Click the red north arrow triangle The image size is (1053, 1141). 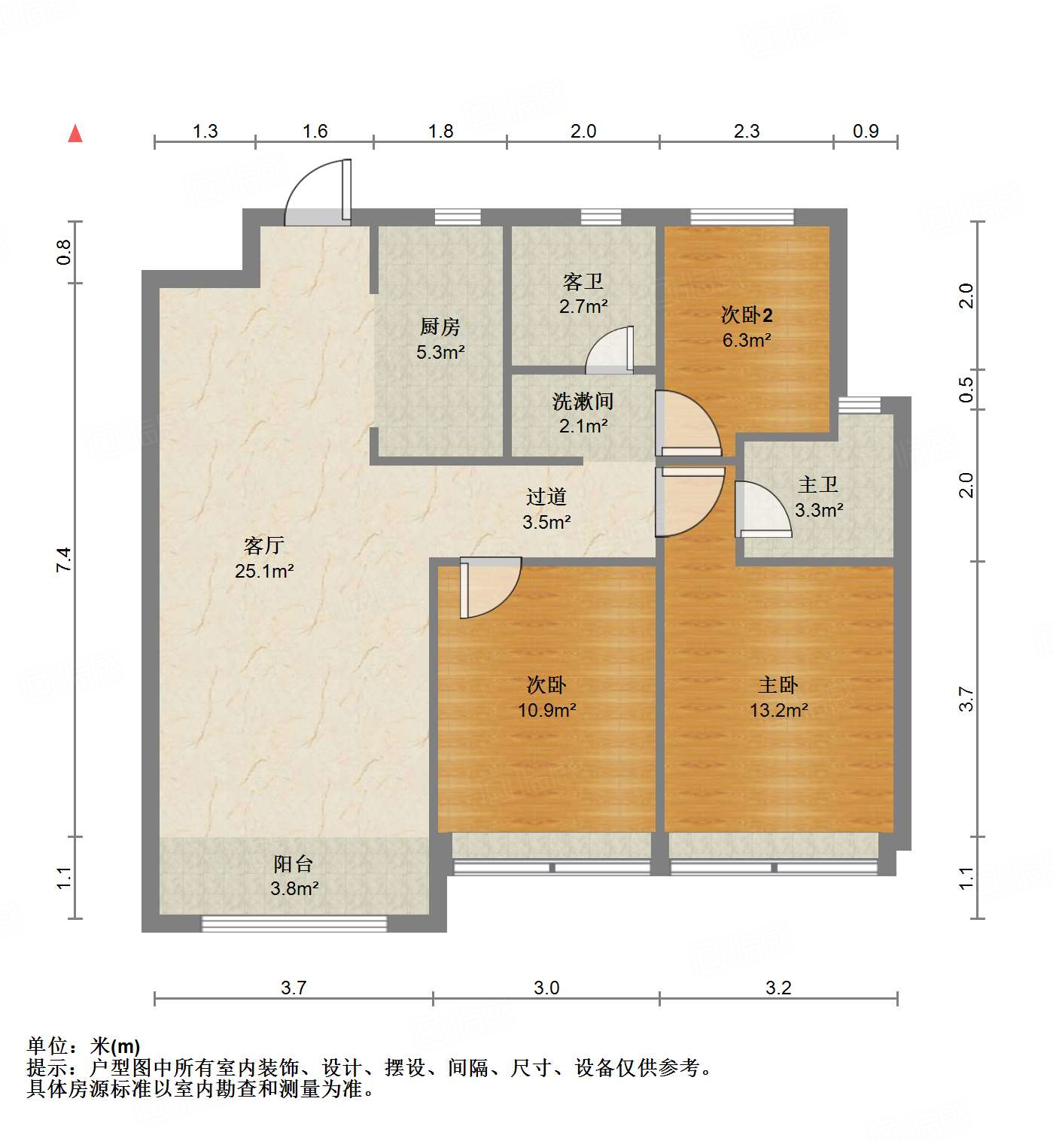click(75, 134)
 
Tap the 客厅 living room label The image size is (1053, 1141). click(263, 545)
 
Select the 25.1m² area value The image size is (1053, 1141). click(263, 571)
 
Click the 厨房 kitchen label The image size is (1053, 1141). click(440, 326)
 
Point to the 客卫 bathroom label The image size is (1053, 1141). click(583, 281)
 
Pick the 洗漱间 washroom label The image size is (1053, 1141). click(583, 401)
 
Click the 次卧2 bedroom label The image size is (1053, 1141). click(747, 314)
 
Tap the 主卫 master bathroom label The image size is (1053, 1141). click(818, 484)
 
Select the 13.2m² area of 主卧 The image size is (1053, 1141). click(778, 710)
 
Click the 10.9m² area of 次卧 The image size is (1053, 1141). click(546, 710)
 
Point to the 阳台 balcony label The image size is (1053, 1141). click(294, 863)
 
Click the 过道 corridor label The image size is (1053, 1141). click(546, 496)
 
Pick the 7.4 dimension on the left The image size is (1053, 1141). click(64, 560)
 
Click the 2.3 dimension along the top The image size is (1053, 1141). click(747, 132)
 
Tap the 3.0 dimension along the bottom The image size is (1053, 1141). click(546, 988)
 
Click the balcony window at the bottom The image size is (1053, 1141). click(294, 924)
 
